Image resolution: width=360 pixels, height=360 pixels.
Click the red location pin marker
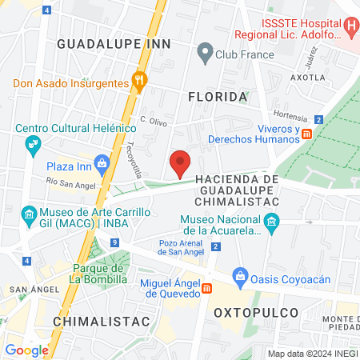pos(181,162)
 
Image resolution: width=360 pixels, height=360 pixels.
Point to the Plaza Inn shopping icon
pos(102,165)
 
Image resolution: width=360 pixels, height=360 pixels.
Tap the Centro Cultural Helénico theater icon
pos(33,144)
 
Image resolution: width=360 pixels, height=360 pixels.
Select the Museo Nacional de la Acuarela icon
pos(272,221)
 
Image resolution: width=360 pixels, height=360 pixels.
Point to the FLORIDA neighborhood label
pos(217,97)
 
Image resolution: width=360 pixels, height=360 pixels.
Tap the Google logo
pos(26,350)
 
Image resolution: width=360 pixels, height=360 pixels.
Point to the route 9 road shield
pos(116,242)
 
